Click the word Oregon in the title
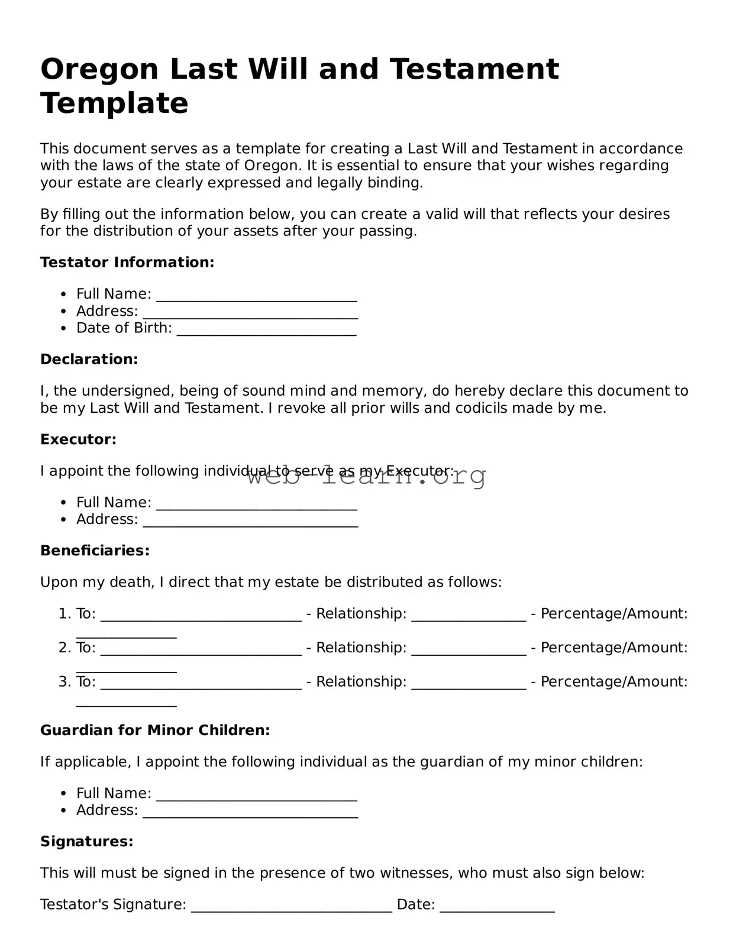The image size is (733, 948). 99,70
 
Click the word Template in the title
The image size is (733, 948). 114,104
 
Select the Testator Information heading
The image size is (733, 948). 127,263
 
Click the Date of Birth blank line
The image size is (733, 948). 266,329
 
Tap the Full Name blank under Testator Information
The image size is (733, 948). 257,296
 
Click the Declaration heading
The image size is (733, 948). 89,360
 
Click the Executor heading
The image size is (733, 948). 78,440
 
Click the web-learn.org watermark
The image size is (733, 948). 367,477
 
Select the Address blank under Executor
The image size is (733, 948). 250,521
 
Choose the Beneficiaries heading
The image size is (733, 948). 95,551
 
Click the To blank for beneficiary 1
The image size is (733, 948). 201,615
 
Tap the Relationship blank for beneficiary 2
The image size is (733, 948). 469,649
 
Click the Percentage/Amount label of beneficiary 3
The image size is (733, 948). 614,682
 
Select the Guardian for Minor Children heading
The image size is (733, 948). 155,731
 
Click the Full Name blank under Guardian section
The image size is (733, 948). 257,795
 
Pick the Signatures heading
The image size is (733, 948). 86,842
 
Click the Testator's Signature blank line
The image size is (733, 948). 291,906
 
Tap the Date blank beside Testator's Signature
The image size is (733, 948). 497,906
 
